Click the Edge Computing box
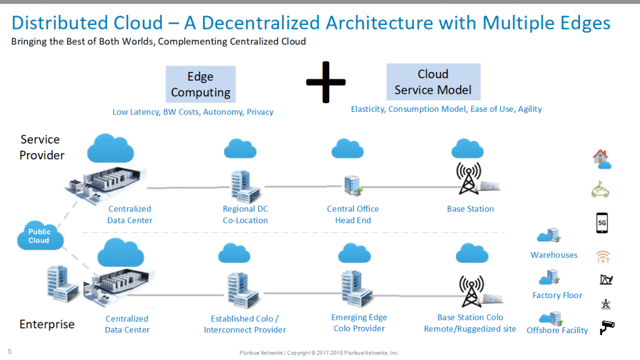(201, 84)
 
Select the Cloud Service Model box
(433, 82)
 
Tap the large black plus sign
(325, 82)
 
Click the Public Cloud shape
(39, 236)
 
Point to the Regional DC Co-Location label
(245, 214)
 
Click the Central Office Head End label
(352, 214)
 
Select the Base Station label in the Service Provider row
(470, 209)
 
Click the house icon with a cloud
(601, 159)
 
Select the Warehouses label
(554, 255)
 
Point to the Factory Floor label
(557, 295)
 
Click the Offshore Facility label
(557, 330)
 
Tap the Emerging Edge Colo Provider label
(359, 322)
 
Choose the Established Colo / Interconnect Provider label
(245, 324)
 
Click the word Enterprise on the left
(47, 324)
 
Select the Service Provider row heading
(42, 147)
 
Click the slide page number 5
(9, 351)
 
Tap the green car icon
(601, 189)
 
